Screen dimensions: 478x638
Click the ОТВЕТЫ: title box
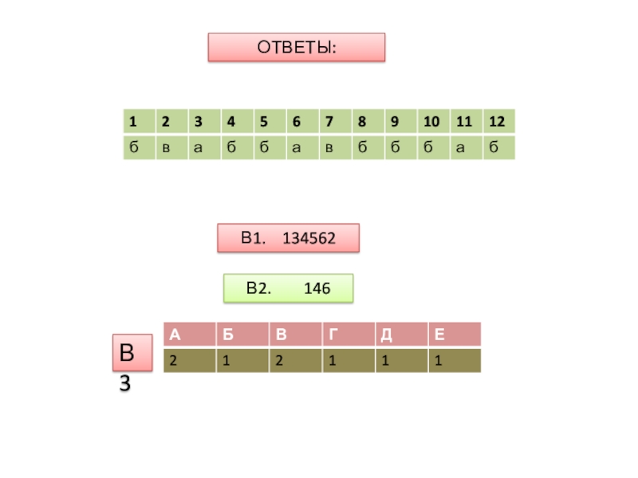tap(297, 48)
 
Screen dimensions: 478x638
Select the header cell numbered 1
tap(139, 122)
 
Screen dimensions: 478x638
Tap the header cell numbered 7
tap(334, 122)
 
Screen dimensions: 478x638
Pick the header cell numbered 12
tap(498, 122)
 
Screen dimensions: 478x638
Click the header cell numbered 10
tap(432, 122)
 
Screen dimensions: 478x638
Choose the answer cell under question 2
tap(171, 147)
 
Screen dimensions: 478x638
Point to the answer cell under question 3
tap(205, 147)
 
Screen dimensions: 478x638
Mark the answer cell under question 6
tap(302, 147)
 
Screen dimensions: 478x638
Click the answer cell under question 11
tap(466, 147)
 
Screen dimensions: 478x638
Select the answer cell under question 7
tap(334, 147)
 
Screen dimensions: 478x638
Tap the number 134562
tap(309, 238)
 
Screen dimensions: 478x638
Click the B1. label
tap(253, 238)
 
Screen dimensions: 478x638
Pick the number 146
tap(317, 288)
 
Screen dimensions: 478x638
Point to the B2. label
tap(258, 288)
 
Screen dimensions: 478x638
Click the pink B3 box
tap(130, 353)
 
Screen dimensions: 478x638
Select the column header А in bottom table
tap(188, 335)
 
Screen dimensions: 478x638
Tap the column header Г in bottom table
tap(348, 335)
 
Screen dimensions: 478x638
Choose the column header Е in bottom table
tap(454, 335)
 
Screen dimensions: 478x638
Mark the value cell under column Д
tap(401, 361)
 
